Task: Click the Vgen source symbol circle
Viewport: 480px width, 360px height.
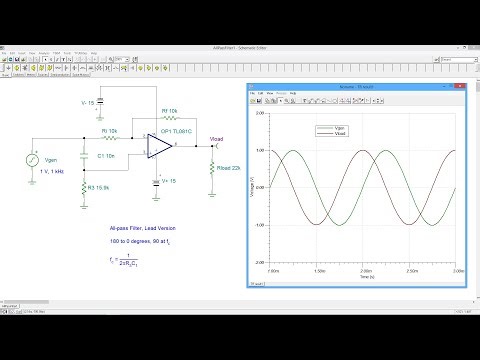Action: point(34,159)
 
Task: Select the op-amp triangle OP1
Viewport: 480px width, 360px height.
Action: point(159,146)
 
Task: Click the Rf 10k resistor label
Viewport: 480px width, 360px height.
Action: point(170,111)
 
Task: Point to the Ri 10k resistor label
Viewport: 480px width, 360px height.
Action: point(109,131)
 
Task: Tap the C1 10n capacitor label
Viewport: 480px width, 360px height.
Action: point(106,157)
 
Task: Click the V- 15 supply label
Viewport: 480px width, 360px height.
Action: point(87,102)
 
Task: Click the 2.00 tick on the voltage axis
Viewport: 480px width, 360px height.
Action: point(260,113)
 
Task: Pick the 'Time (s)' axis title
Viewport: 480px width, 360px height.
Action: point(366,276)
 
